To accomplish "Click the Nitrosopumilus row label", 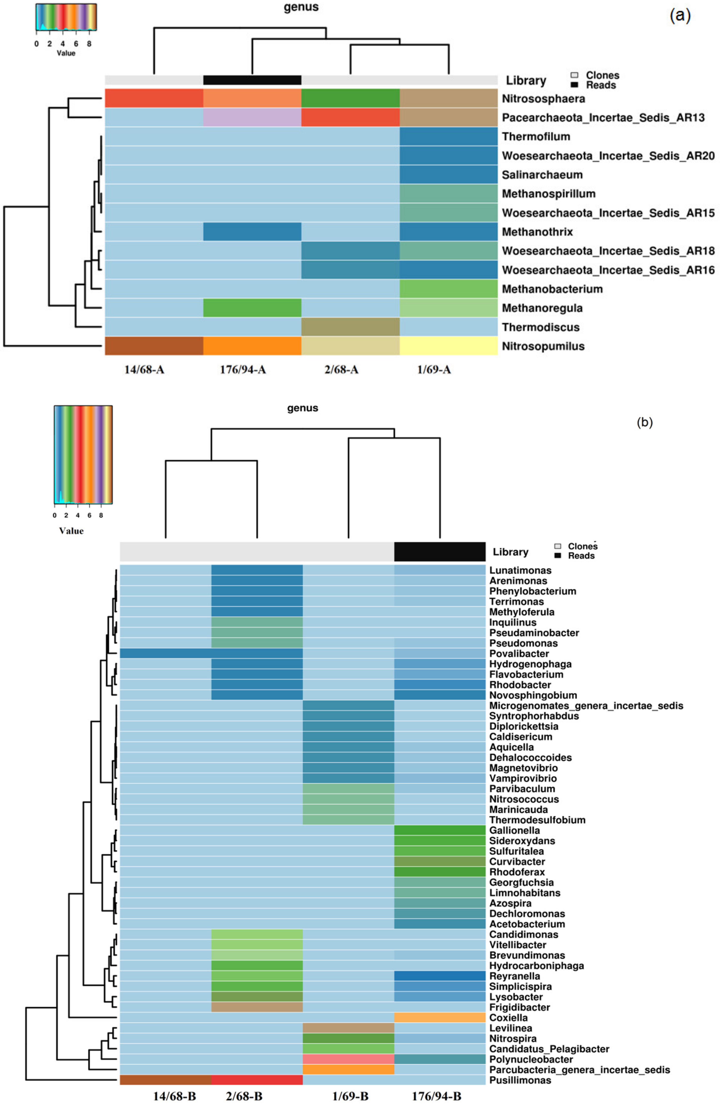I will tap(543, 346).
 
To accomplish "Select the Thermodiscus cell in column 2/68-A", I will tap(350, 327).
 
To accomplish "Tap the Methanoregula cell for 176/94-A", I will tap(252, 308).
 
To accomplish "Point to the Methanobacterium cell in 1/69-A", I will tap(448, 289).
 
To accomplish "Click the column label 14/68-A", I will tap(144, 370).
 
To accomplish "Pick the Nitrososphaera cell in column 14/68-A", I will tap(154, 98).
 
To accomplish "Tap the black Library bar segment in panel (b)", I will tap(439, 552).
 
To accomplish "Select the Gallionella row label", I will tap(514, 830).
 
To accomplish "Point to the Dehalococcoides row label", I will tap(530, 757).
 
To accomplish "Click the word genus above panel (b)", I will tap(302, 408).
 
